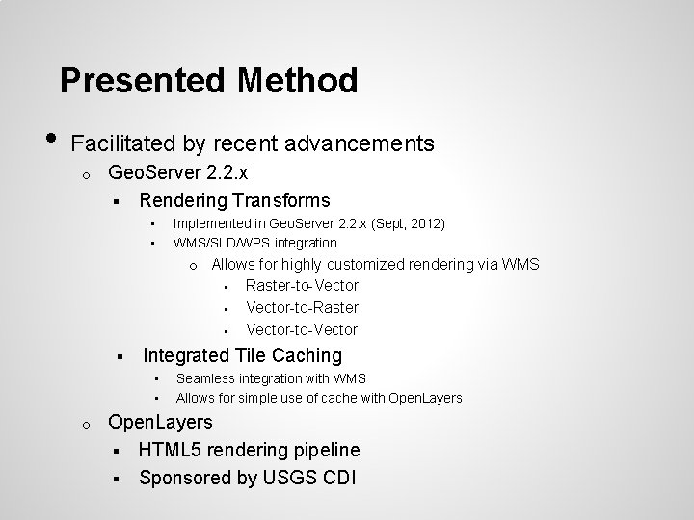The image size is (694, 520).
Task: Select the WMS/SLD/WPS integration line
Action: click(x=254, y=243)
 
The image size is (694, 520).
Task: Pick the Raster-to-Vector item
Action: click(x=302, y=286)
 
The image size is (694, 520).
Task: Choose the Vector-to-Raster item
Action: click(x=302, y=308)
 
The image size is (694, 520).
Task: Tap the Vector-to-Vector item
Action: click(x=302, y=330)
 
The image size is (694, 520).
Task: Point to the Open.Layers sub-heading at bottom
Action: click(x=160, y=423)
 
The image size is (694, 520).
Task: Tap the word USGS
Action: click(x=275, y=477)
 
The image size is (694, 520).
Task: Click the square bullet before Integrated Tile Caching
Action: click(x=115, y=356)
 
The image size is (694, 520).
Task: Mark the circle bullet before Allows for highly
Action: click(x=193, y=266)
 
